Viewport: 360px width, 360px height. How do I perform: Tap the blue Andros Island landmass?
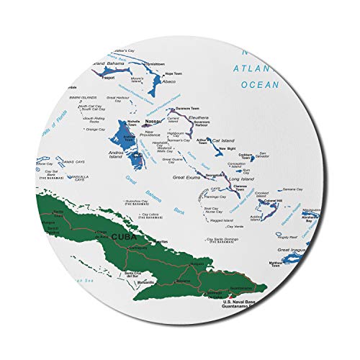click(x=120, y=135)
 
